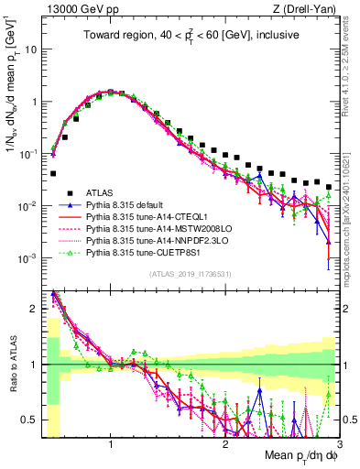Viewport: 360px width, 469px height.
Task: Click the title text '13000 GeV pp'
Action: [73, 9]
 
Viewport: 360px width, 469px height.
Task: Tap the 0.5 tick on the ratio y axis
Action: [32, 420]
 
